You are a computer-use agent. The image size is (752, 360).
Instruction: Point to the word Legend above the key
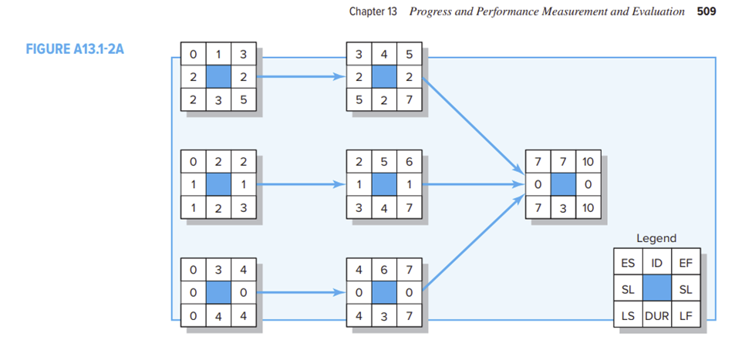click(x=656, y=239)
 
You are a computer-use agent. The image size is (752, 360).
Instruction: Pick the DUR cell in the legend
click(x=656, y=315)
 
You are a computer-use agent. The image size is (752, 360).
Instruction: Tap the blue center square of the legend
click(x=656, y=288)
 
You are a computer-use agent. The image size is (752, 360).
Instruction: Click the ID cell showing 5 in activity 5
click(x=383, y=163)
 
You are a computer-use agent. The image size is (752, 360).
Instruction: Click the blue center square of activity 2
click(x=218, y=186)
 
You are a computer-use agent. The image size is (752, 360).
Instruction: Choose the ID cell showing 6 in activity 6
click(x=383, y=270)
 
